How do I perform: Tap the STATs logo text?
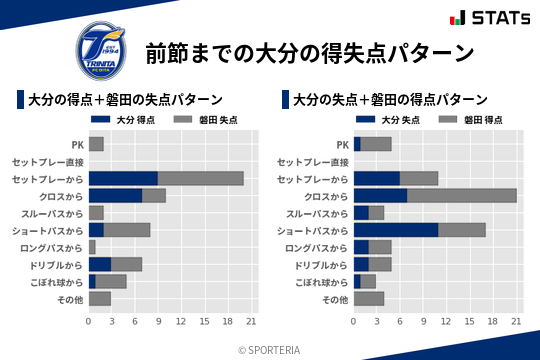[495, 17]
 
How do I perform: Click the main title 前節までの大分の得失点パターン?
[309, 51]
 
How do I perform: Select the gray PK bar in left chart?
[96, 144]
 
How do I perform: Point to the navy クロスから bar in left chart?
[115, 195]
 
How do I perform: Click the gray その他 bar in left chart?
[100, 298]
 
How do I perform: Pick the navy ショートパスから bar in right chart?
[396, 230]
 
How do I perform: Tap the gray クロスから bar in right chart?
[462, 195]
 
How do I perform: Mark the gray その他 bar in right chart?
[369, 298]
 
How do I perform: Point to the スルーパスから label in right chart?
[317, 213]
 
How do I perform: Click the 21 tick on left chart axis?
[252, 322]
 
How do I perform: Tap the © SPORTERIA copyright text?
[270, 348]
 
